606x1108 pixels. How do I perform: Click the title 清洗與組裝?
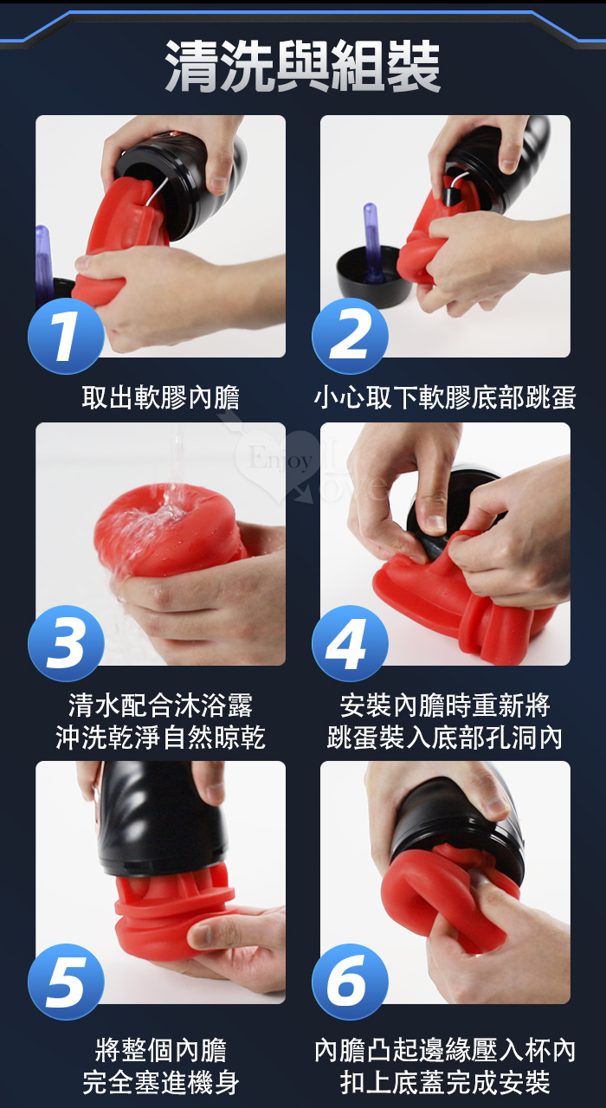coord(302,66)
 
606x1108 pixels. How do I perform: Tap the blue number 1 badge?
coord(66,337)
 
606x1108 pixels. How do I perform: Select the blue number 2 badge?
coord(350,337)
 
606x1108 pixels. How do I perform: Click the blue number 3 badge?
coord(66,643)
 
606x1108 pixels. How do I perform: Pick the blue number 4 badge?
coord(350,643)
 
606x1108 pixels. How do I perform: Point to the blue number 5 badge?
coord(66,982)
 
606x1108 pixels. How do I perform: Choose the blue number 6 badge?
coord(350,982)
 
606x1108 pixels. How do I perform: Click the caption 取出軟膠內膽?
coord(161,397)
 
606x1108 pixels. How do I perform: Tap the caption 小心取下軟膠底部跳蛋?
coord(445,397)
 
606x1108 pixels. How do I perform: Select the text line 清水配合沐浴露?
coord(161,705)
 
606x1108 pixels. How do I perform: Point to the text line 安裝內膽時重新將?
coord(445,705)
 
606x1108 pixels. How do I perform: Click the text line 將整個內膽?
coord(161,1051)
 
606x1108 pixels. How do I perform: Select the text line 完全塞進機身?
coord(161,1083)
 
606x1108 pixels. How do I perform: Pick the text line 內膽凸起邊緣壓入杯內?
coord(445,1051)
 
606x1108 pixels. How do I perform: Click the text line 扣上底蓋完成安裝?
coord(445,1083)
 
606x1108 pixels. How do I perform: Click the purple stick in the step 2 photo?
coord(372,242)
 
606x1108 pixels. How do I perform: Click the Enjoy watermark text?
coord(280,459)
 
